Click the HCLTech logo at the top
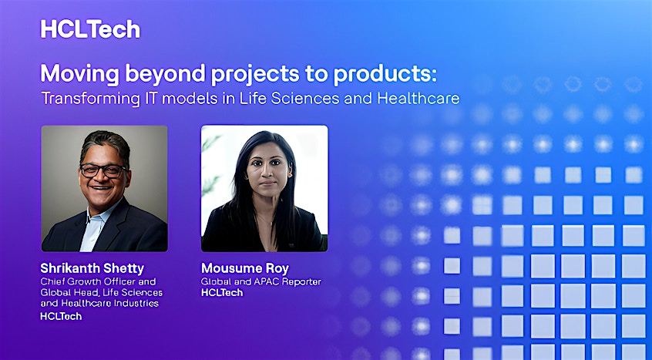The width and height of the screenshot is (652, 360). [x=90, y=29]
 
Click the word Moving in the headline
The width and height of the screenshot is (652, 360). [x=80, y=73]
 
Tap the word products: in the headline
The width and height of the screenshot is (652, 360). [x=385, y=73]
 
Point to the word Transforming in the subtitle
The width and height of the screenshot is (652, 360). [x=91, y=99]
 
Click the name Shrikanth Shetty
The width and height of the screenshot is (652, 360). [x=92, y=267]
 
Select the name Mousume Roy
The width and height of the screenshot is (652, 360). [x=245, y=268]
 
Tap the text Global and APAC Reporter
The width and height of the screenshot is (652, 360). [x=261, y=281]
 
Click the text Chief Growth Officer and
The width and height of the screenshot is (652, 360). [x=98, y=281]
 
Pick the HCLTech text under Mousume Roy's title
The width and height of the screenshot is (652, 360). [x=222, y=293]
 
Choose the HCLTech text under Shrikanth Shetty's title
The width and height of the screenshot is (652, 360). [x=61, y=316]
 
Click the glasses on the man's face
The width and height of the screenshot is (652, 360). [x=103, y=170]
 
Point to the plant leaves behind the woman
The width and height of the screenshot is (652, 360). [x=211, y=167]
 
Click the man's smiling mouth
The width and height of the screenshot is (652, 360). [x=102, y=188]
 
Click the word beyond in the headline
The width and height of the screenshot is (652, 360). [x=166, y=75]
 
